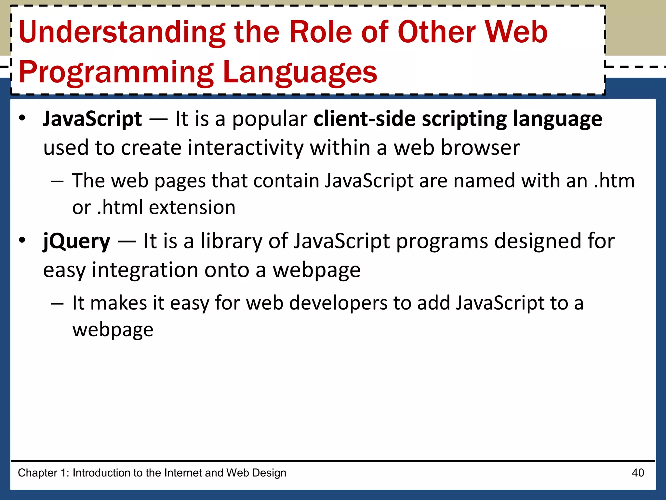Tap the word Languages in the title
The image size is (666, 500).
[300, 72]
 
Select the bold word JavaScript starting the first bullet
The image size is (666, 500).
[92, 119]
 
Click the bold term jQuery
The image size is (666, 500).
[77, 242]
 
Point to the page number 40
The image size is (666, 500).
[638, 473]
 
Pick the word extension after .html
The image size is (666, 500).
[192, 208]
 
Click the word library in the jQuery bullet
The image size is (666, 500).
[231, 242]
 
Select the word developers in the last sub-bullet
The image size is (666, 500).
[338, 303]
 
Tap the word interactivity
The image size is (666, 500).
[246, 148]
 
